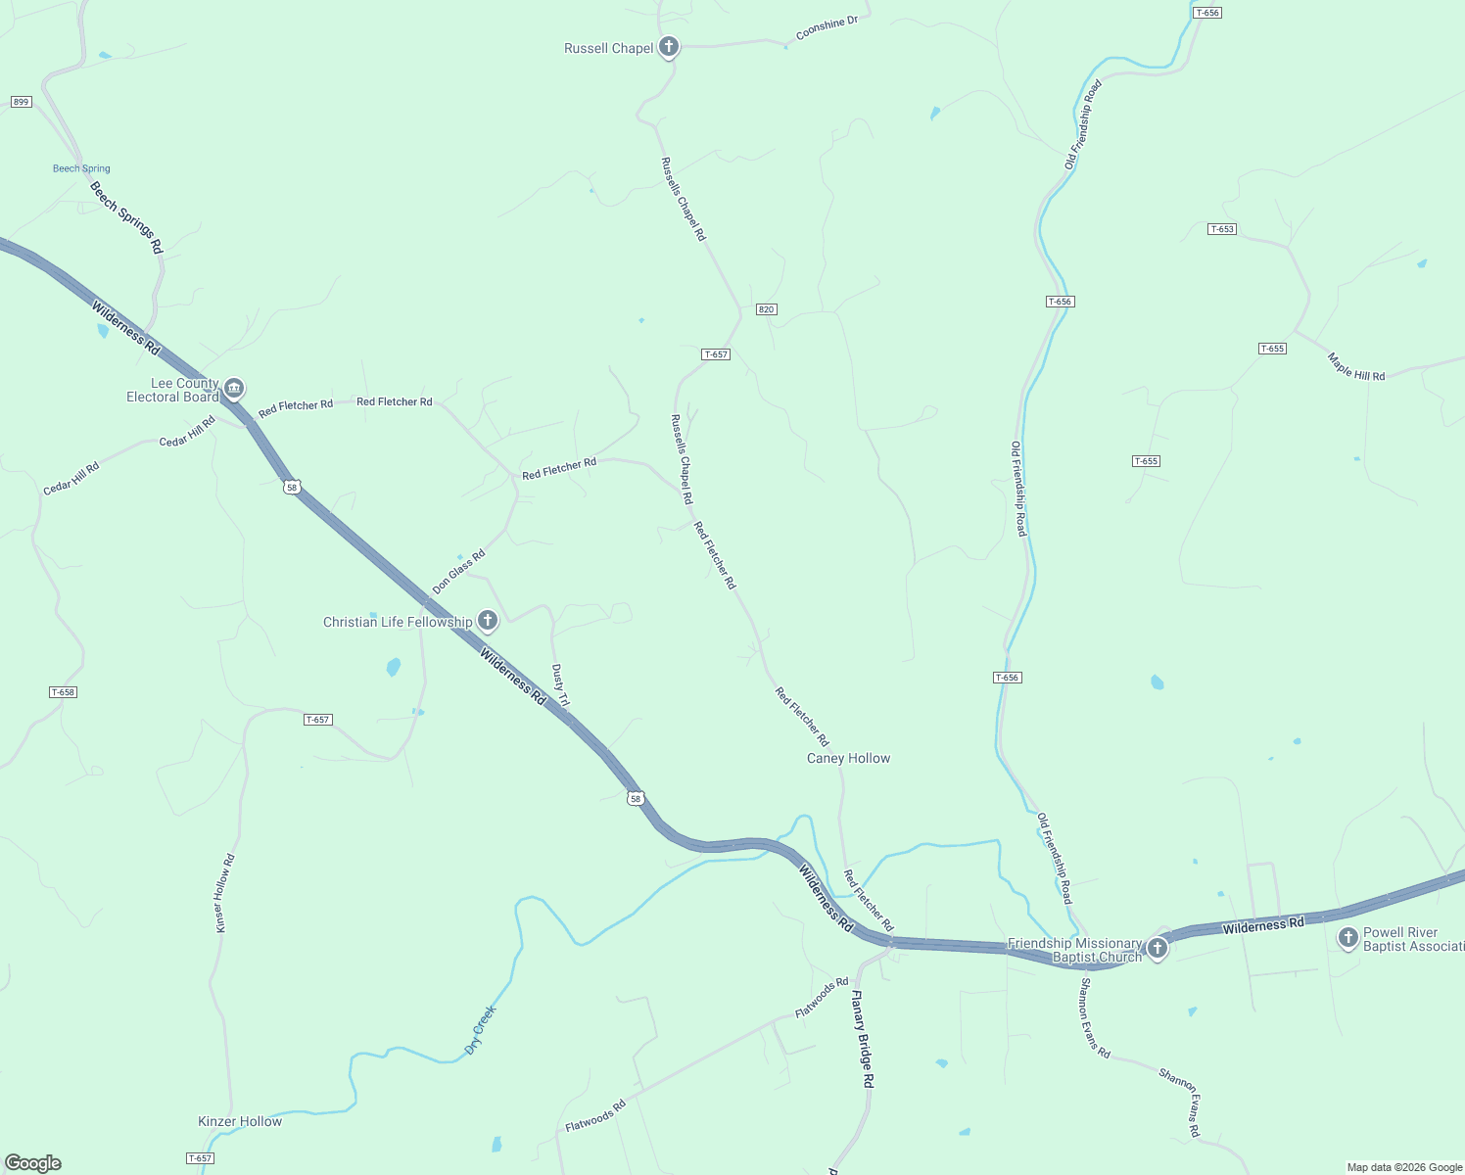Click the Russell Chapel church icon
click(668, 46)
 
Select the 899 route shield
click(22, 102)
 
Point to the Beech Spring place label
click(81, 168)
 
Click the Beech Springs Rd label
click(126, 217)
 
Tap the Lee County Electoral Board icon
click(234, 389)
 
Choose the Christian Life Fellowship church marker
click(487, 620)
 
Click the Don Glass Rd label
click(458, 572)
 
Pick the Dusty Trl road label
click(560, 685)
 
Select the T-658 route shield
click(63, 692)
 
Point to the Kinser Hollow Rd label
click(225, 893)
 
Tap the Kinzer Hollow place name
click(240, 1121)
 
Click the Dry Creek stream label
click(480, 1030)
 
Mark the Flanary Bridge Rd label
click(862, 1040)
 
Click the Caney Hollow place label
click(848, 758)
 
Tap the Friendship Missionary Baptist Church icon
click(1157, 948)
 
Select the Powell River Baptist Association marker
click(1347, 938)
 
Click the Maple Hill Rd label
click(1356, 367)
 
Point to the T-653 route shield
click(1222, 229)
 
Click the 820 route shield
click(766, 309)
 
